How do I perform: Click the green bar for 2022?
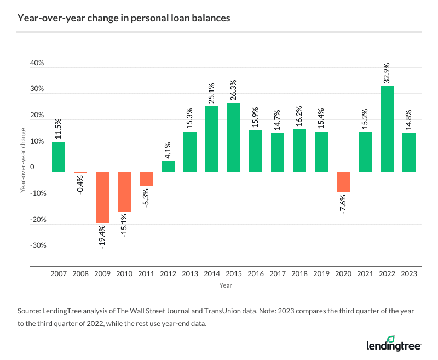tap(387, 129)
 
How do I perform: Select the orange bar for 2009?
tap(102, 197)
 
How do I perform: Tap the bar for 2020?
tap(343, 182)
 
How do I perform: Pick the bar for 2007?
tap(59, 157)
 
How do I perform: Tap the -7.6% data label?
tap(343, 204)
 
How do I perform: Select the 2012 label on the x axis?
tap(168, 273)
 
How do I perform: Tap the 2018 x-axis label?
tap(299, 273)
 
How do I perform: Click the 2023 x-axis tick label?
tap(409, 273)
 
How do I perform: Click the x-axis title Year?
tap(226, 285)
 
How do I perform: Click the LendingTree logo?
tap(393, 344)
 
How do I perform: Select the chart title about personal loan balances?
tap(124, 18)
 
